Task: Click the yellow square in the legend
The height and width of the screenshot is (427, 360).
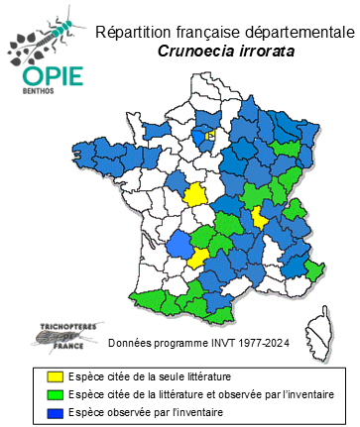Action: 56,376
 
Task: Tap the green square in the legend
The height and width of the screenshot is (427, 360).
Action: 56,393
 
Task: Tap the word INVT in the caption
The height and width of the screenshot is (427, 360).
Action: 216,344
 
